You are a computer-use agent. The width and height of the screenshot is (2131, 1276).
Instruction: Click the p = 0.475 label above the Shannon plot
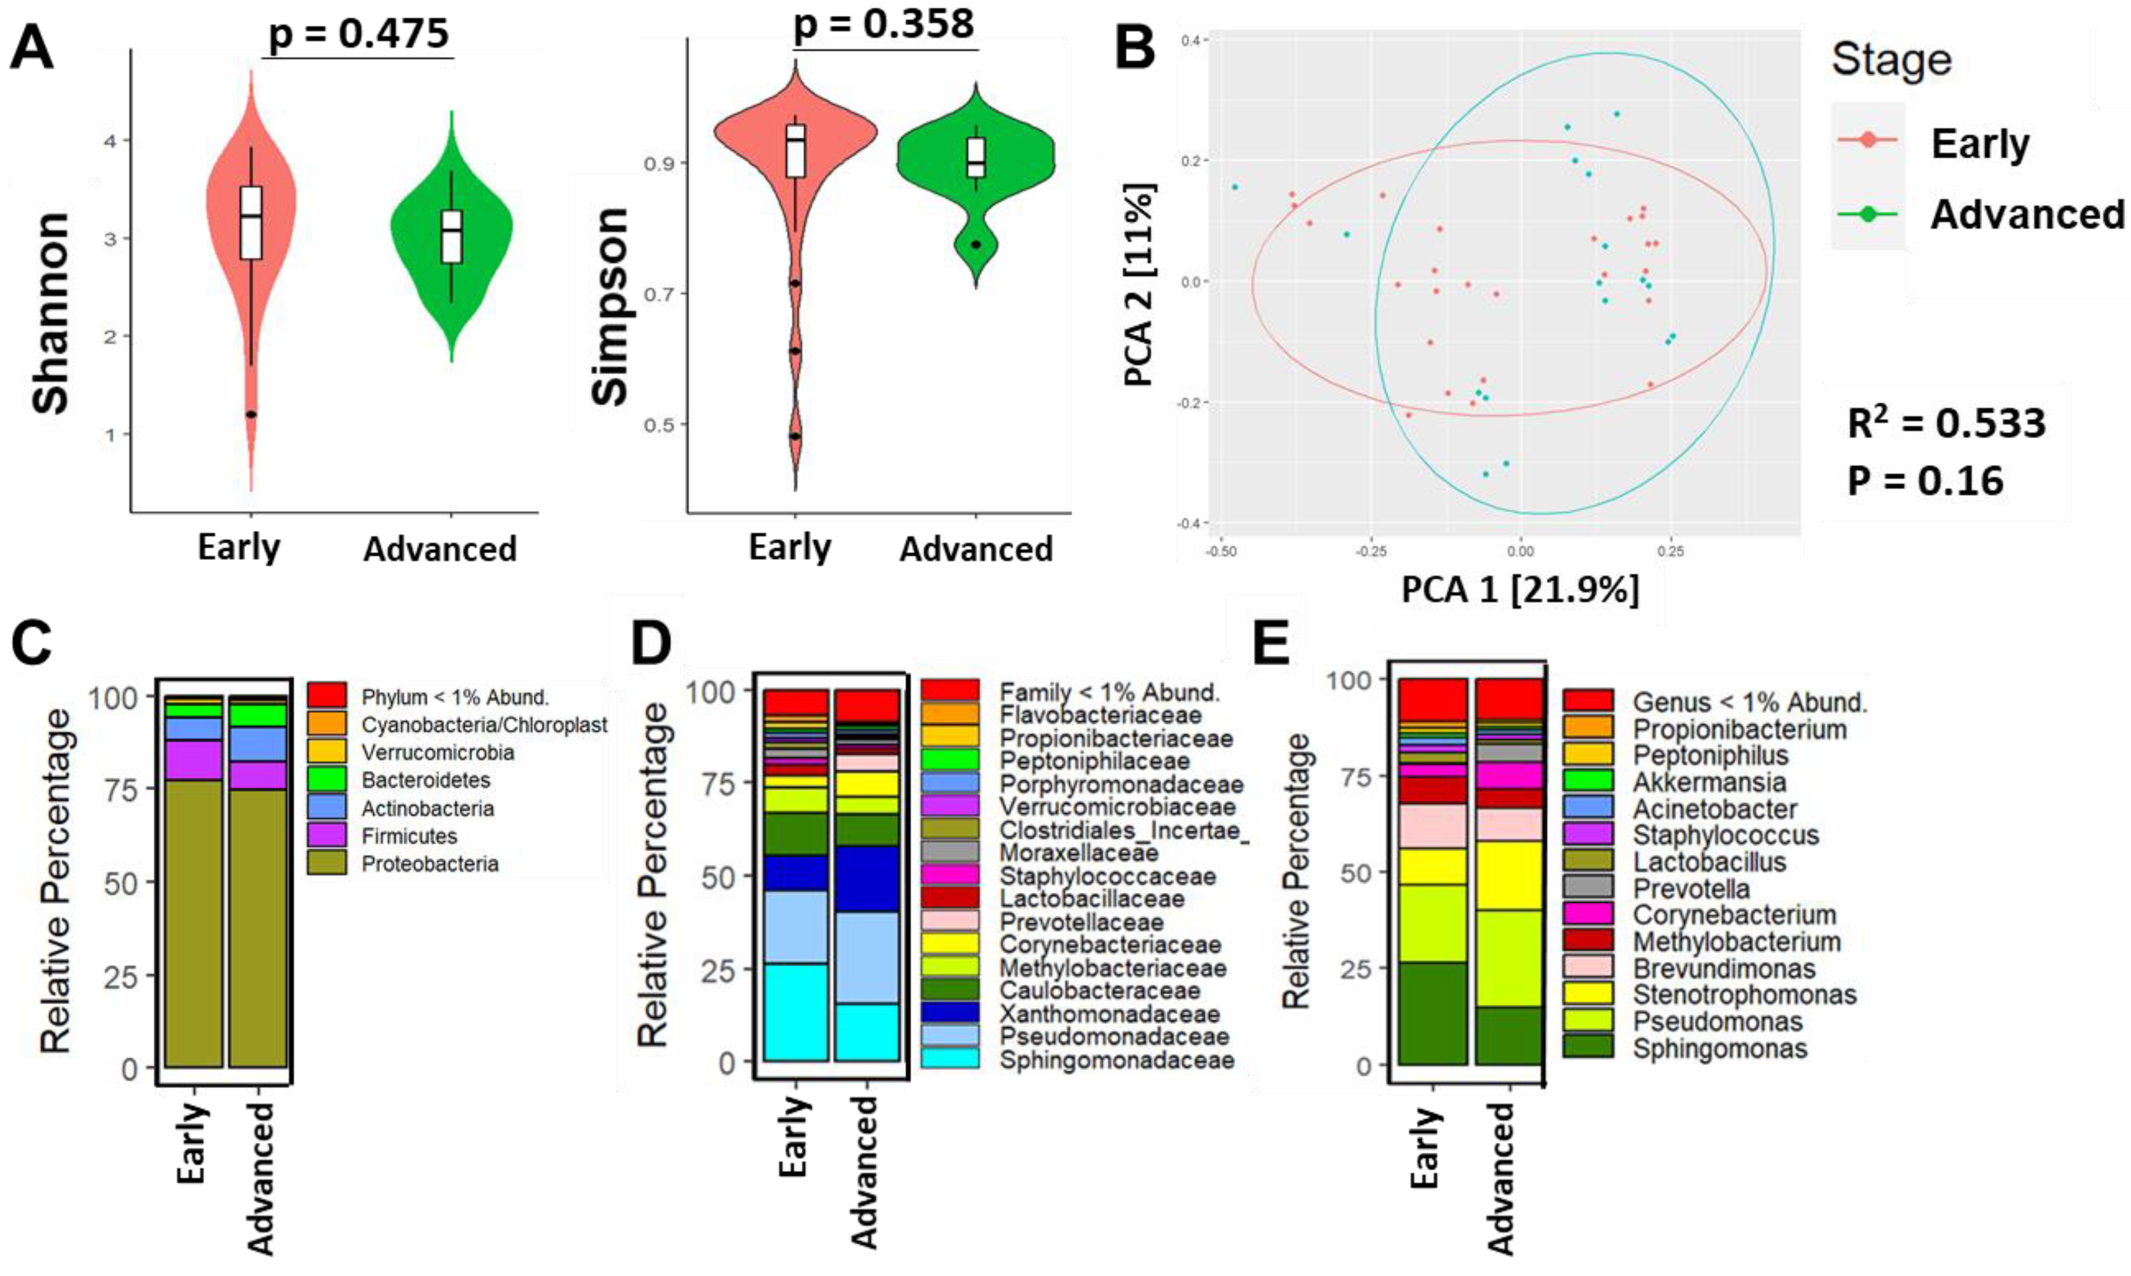pyautogui.click(x=359, y=34)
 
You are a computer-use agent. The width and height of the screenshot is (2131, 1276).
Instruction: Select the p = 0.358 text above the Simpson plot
pyautogui.click(x=884, y=23)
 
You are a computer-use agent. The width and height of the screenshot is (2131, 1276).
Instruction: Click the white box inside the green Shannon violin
pyautogui.click(x=451, y=236)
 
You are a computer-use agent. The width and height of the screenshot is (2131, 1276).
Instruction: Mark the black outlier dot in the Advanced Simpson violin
pyautogui.click(x=976, y=244)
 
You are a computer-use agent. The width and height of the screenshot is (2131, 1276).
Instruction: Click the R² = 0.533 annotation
pyautogui.click(x=1946, y=423)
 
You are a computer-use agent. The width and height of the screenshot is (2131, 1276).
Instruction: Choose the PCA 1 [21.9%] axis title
pyautogui.click(x=1521, y=590)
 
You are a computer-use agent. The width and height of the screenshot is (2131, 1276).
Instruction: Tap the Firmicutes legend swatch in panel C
pyautogui.click(x=327, y=835)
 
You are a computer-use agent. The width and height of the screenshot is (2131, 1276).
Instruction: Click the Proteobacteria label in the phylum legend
pyautogui.click(x=430, y=863)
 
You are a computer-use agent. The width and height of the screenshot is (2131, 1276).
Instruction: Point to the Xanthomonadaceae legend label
pyautogui.click(x=1110, y=1015)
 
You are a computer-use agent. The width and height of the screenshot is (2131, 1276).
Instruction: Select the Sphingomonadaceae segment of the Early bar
pyautogui.click(x=796, y=1012)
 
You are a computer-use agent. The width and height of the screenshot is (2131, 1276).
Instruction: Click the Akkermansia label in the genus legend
pyautogui.click(x=1709, y=782)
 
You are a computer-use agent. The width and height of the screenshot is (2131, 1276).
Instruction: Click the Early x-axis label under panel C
pyautogui.click(x=193, y=1143)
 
